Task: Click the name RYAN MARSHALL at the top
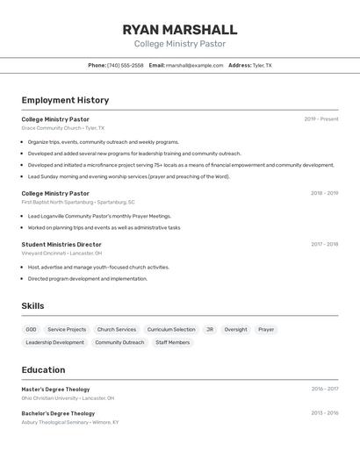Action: click(180, 29)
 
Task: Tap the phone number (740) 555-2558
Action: click(125, 65)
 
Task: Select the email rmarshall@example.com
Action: click(194, 65)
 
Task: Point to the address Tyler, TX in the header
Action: click(262, 65)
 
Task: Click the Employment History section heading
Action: click(65, 100)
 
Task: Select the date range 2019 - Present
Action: click(320, 119)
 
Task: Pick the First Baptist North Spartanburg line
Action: click(78, 202)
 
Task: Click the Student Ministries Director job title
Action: click(61, 245)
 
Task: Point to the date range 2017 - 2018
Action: click(324, 245)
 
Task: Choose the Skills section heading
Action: click(32, 306)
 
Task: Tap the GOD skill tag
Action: click(32, 330)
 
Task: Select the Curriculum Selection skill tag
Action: click(171, 330)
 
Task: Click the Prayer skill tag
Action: click(266, 330)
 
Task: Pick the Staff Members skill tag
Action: click(172, 342)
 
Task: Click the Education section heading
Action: click(43, 370)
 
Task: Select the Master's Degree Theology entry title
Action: click(55, 390)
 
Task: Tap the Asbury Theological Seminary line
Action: click(69, 422)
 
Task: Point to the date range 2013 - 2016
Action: click(324, 413)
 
